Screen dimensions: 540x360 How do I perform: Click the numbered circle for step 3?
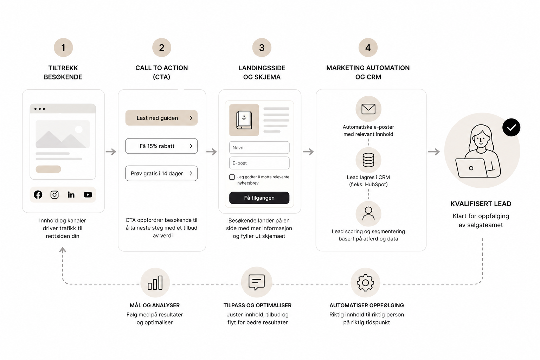tap(262, 47)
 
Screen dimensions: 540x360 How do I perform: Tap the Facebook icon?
tap(38, 194)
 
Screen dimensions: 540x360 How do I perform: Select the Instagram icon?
tap(54, 194)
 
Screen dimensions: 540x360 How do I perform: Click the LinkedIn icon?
tap(71, 194)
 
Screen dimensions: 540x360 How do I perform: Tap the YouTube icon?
tap(88, 194)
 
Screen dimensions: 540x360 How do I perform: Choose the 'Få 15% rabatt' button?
tap(161, 146)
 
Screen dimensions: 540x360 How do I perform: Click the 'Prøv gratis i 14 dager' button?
tap(161, 173)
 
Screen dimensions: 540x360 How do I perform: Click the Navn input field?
tap(259, 148)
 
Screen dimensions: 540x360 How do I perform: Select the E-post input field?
tap(259, 163)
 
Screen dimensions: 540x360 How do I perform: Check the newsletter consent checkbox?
tap(232, 177)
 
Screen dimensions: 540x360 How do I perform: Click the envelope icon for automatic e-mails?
tap(368, 109)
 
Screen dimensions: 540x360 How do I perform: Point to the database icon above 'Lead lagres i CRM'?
tap(368, 160)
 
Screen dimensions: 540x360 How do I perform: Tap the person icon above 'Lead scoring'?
tap(368, 214)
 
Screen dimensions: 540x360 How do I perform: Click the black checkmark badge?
tap(511, 127)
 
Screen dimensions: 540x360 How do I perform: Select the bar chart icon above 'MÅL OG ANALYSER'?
tap(155, 283)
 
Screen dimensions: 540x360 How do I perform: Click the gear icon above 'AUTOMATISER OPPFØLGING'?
tap(366, 283)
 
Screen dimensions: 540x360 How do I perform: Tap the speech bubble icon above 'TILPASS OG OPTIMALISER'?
tap(257, 282)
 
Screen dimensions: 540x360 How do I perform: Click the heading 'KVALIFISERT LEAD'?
tap(481, 204)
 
